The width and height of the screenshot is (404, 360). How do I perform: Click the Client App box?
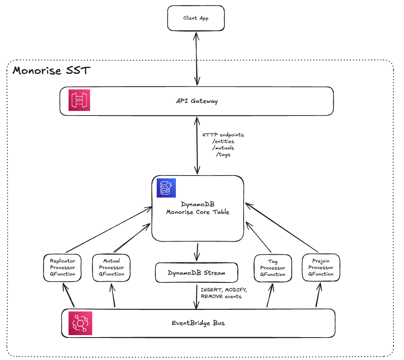[x=196, y=18]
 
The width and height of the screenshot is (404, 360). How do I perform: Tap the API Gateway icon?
[x=79, y=100]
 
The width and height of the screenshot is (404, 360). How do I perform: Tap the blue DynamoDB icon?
[x=166, y=188]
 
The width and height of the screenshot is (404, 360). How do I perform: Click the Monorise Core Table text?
[x=198, y=212]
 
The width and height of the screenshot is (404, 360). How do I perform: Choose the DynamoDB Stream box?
[x=196, y=273]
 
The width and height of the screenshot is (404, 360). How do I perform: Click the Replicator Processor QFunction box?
[x=62, y=268]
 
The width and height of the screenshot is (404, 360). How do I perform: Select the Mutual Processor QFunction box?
[x=111, y=268]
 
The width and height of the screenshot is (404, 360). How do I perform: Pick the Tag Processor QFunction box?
[x=273, y=268]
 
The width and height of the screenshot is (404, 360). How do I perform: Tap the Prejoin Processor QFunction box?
[x=321, y=268]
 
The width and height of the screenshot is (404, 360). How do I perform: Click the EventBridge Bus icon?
[x=80, y=323]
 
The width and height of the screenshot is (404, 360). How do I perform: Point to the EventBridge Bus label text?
[x=198, y=323]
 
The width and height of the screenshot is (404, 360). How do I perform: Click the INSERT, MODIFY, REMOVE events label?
[x=224, y=293]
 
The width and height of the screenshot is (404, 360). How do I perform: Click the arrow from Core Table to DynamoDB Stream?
[x=198, y=252]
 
